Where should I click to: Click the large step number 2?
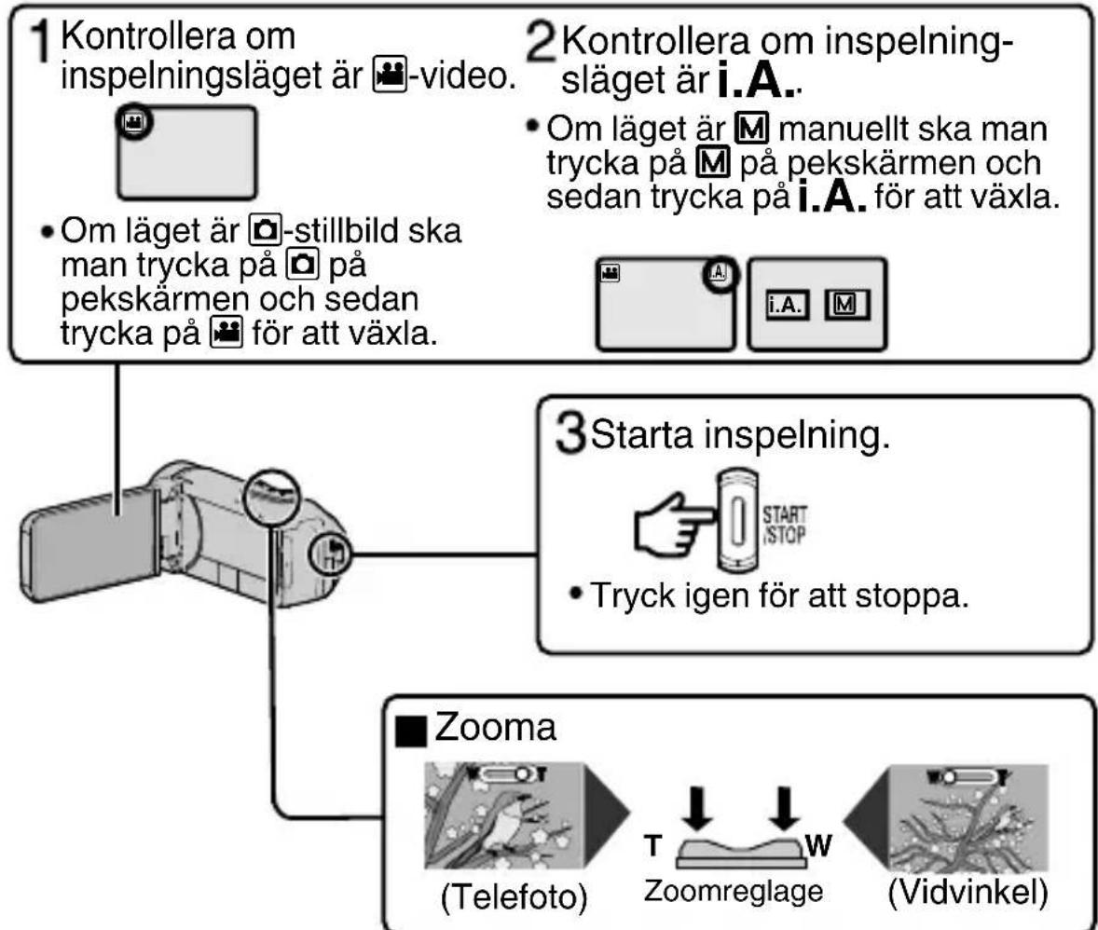(x=542, y=43)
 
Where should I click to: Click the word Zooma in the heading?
(x=495, y=727)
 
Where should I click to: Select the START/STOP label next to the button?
(x=784, y=526)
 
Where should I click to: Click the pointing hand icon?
(x=674, y=526)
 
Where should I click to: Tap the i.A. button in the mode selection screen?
(x=787, y=306)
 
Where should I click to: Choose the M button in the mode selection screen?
(x=846, y=305)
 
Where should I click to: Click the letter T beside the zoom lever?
(x=653, y=845)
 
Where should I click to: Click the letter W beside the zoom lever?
(x=817, y=845)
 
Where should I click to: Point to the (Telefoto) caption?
(x=514, y=896)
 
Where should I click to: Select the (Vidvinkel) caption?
(x=968, y=893)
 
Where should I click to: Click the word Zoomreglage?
(x=734, y=892)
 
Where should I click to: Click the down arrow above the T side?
(x=697, y=809)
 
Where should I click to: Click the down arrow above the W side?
(x=784, y=809)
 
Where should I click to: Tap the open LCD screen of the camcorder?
(x=89, y=543)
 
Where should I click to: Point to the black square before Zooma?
(x=411, y=732)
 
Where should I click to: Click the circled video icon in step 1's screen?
(x=133, y=123)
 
